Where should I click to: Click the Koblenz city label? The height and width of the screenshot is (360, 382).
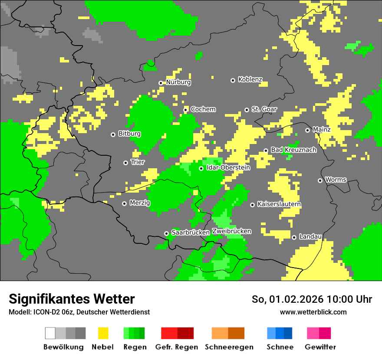pyautogui.click(x=250, y=80)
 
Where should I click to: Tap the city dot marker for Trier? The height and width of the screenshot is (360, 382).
pyautogui.click(x=126, y=163)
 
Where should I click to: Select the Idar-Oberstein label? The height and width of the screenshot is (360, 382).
pyautogui.click(x=228, y=167)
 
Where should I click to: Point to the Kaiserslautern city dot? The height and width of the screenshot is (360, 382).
pyautogui.click(x=252, y=205)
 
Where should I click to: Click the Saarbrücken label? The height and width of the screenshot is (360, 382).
pyautogui.click(x=191, y=232)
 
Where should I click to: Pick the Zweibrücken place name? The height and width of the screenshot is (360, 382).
pyautogui.click(x=231, y=231)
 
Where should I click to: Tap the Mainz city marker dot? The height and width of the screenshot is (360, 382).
pyautogui.click(x=308, y=130)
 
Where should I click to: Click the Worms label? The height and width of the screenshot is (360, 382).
pyautogui.click(x=336, y=180)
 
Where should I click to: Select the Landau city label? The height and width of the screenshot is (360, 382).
pyautogui.click(x=310, y=236)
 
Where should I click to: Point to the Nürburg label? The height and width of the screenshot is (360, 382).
pyautogui.click(x=178, y=82)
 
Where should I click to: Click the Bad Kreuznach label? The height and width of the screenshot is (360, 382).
pyautogui.click(x=293, y=150)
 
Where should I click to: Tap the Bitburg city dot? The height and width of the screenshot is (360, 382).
pyautogui.click(x=113, y=134)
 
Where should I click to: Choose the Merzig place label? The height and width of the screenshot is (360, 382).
pyautogui.click(x=140, y=203)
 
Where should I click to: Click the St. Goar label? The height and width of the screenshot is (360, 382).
pyautogui.click(x=264, y=109)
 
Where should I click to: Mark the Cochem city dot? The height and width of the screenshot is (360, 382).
pyautogui.click(x=186, y=110)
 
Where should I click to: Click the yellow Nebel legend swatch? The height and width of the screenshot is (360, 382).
pyautogui.click(x=103, y=333)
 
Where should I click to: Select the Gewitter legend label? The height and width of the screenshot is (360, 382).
pyautogui.click(x=320, y=347)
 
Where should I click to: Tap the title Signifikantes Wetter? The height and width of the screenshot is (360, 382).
pyautogui.click(x=72, y=299)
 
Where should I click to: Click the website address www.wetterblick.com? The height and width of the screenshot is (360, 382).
pyautogui.click(x=313, y=312)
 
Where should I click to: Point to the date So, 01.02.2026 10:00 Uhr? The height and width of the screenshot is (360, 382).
pyautogui.click(x=312, y=299)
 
